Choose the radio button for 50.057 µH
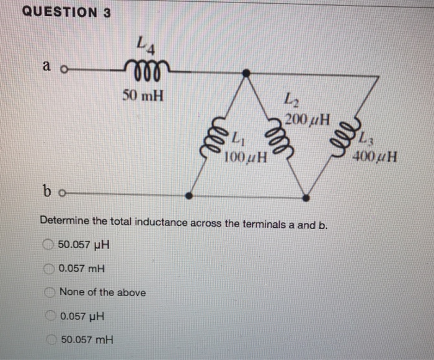click(48, 245)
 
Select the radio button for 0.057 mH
click(48, 269)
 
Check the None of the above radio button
click(50, 292)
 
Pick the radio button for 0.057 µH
click(50, 316)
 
